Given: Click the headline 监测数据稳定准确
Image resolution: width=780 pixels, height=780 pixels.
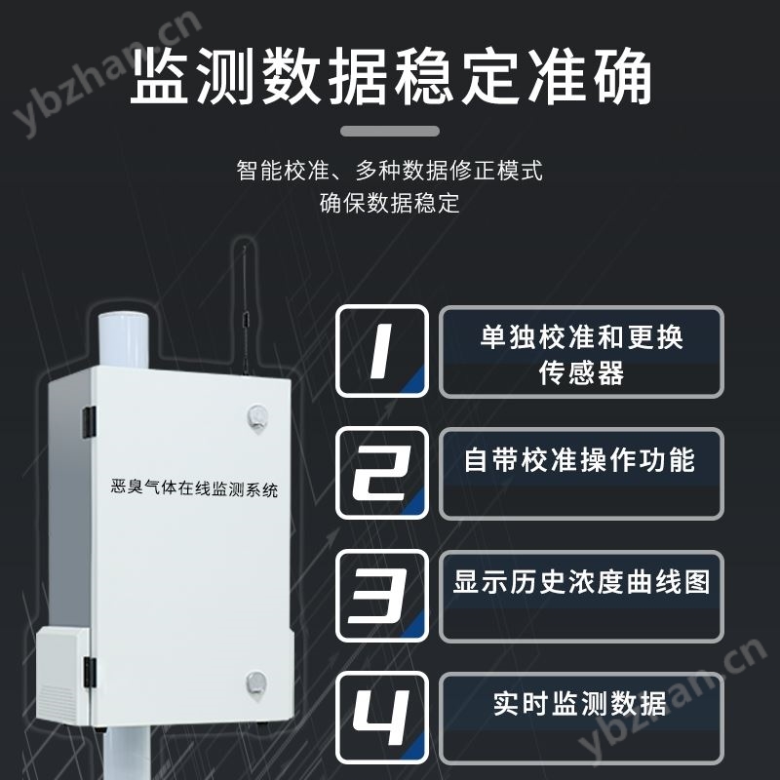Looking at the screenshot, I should (x=390, y=78).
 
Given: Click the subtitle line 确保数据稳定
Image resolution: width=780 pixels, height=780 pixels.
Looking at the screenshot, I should (x=390, y=204).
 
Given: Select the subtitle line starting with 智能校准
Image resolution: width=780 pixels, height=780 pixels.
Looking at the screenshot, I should (x=390, y=171).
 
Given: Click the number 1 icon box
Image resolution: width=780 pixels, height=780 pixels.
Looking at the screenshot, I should (x=381, y=352).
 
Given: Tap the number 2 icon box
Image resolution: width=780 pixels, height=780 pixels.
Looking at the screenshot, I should (x=381, y=474).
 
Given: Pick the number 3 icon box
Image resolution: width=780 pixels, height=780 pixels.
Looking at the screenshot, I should (x=381, y=596).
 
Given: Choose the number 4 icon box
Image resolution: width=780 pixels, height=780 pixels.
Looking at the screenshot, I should (x=381, y=718).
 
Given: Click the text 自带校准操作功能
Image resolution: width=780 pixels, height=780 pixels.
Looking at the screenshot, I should (x=580, y=459).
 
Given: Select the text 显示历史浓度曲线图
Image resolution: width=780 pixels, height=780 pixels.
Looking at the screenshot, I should (x=581, y=582).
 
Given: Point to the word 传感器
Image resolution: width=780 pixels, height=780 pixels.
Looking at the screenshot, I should (x=581, y=373).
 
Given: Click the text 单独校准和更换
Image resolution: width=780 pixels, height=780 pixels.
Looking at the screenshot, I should (x=581, y=337).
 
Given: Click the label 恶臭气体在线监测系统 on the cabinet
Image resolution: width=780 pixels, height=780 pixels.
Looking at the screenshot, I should (x=195, y=488).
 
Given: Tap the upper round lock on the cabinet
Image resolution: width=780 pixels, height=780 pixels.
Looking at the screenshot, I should (x=256, y=416).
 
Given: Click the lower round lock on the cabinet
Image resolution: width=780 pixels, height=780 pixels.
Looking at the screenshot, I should (x=255, y=682).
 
